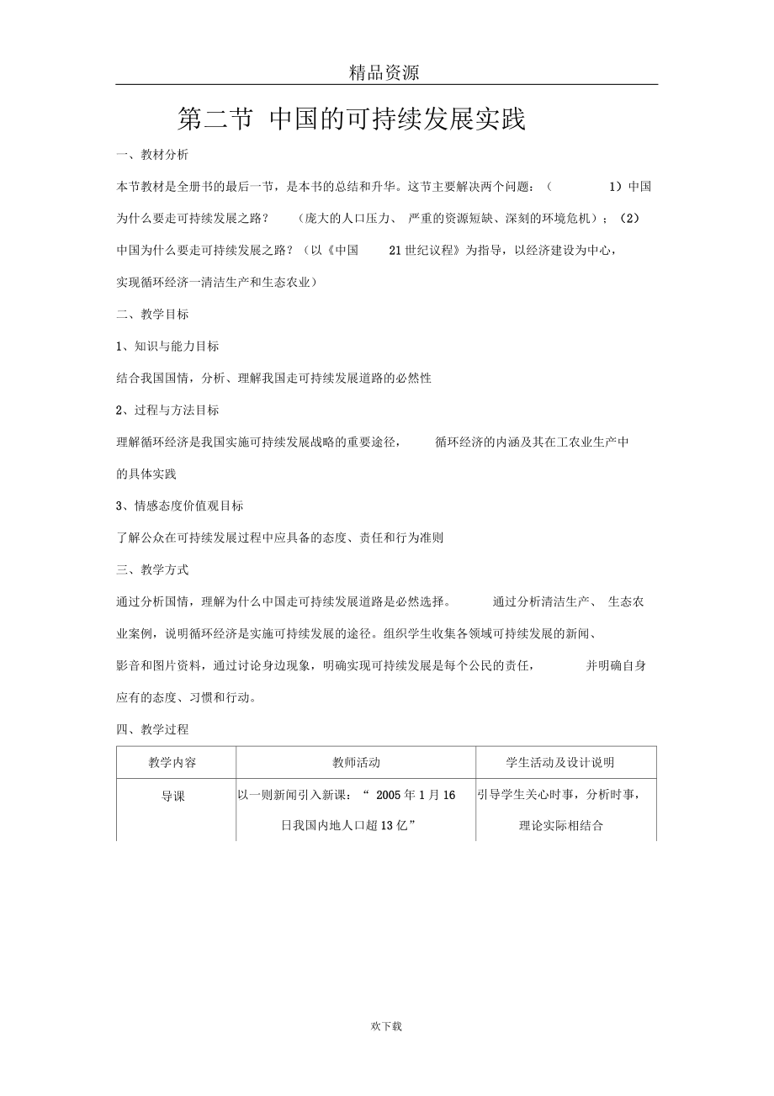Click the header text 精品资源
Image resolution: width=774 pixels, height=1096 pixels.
(x=384, y=73)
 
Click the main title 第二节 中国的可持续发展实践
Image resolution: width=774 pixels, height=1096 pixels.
(x=352, y=119)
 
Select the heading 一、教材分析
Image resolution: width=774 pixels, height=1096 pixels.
(x=152, y=155)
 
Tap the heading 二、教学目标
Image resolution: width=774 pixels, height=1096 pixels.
(x=152, y=315)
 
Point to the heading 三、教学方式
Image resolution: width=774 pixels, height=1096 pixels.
(x=152, y=569)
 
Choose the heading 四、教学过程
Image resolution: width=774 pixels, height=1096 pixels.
(x=152, y=729)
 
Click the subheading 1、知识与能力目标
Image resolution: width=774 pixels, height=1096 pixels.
(x=167, y=347)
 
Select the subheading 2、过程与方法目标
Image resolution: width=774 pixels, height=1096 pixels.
(x=167, y=410)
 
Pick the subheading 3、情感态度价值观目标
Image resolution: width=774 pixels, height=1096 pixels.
(x=179, y=506)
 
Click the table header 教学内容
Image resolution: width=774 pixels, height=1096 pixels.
(x=173, y=763)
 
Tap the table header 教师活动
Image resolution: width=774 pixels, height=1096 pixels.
(x=356, y=763)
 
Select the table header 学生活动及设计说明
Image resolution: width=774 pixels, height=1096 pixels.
(x=560, y=763)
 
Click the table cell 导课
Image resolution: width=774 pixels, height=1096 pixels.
(x=173, y=796)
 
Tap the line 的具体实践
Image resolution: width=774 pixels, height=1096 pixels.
(x=146, y=474)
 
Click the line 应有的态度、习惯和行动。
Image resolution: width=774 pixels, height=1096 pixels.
(x=186, y=697)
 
